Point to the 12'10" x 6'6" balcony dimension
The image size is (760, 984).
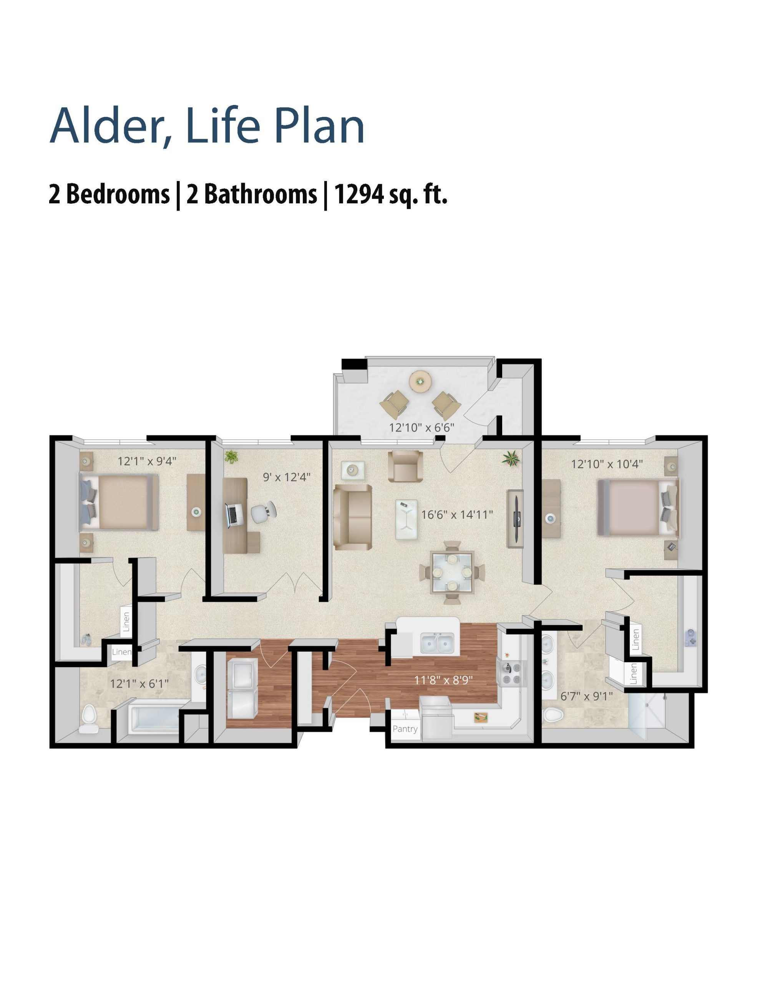[421, 427]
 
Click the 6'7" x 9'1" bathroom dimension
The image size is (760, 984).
[587, 696]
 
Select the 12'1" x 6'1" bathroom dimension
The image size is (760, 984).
[139, 683]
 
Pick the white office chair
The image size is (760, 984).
[263, 513]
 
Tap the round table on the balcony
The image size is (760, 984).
[421, 382]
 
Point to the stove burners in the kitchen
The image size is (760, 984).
[511, 673]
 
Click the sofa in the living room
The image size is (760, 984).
[352, 517]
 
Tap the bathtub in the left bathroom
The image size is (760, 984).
[154, 720]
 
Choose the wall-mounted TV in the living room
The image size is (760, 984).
[516, 519]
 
